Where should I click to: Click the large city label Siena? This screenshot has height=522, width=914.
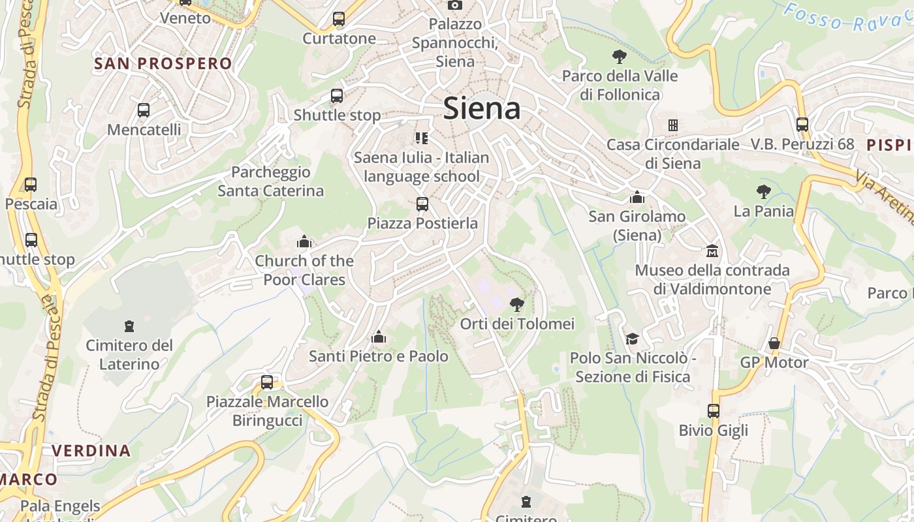482,108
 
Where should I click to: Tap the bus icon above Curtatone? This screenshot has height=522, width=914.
338,19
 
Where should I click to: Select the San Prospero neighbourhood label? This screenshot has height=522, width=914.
163,63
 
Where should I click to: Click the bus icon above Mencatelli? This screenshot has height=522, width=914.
144,110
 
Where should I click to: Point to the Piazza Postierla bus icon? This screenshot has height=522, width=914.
422,204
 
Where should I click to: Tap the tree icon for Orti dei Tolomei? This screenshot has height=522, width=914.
516,304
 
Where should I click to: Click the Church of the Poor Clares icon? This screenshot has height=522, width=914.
304,242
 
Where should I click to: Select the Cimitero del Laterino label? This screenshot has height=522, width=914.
129,354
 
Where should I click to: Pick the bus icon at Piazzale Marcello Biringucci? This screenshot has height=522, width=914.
267,382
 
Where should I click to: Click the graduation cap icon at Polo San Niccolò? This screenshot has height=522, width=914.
632,339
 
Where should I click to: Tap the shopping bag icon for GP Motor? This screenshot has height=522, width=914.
774,343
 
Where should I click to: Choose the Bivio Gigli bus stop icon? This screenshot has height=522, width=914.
714,411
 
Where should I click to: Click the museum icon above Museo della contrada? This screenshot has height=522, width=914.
712,251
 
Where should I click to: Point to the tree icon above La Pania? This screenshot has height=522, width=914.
763,192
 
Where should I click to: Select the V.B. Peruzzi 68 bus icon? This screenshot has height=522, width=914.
802,125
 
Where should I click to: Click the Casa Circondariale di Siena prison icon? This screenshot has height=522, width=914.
673,125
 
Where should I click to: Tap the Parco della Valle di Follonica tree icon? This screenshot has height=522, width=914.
620,57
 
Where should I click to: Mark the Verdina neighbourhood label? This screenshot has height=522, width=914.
91,450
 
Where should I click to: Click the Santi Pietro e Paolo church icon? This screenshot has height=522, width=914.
379,337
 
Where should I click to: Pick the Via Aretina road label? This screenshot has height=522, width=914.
885,196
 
